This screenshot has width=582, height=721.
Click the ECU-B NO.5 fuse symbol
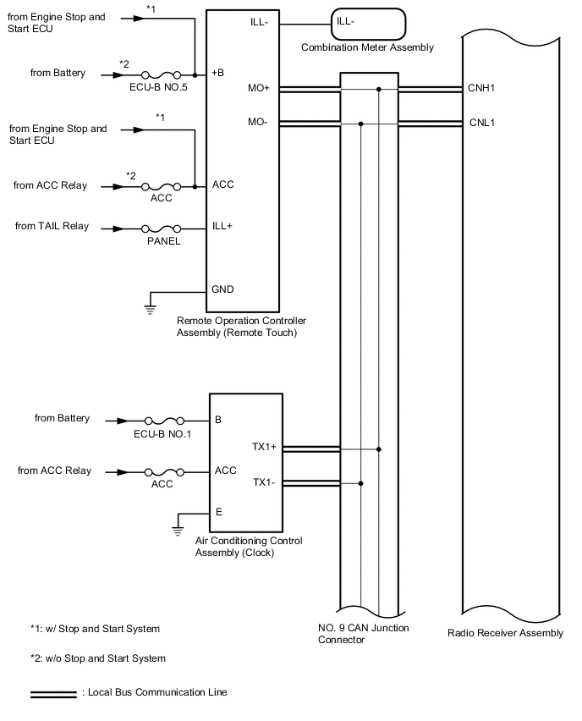161,74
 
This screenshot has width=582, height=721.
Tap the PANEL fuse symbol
161,228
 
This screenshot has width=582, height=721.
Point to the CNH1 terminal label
482,88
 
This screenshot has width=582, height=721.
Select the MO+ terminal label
258,88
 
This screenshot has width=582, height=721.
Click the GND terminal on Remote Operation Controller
222,289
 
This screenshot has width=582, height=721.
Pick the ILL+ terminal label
222,227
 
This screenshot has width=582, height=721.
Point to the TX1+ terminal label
265,447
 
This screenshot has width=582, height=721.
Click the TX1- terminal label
264,483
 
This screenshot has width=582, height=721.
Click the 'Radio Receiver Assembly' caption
505,633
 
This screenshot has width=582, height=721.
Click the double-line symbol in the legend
53,693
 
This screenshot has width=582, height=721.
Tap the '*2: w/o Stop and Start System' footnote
97,658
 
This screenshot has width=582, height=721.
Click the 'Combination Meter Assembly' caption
367,47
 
